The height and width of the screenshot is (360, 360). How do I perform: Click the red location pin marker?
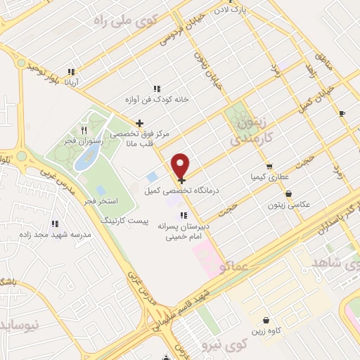point(181,166)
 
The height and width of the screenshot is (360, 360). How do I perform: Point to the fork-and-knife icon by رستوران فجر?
point(84,130)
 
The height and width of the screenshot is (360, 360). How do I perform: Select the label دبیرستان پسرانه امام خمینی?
point(184,231)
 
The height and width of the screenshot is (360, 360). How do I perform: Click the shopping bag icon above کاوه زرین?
point(265,319)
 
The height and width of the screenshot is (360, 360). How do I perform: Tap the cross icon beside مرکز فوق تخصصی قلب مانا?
point(139,124)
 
